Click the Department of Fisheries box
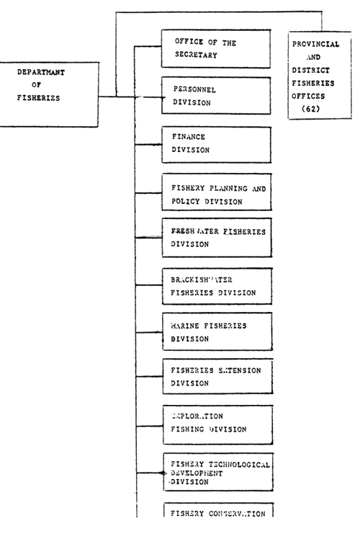(x=49, y=94)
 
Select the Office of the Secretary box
(x=216, y=48)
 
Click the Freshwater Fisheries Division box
(x=216, y=237)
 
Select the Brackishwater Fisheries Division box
(x=216, y=286)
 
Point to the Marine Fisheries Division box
(x=216, y=331)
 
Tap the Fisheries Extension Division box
(x=216, y=377)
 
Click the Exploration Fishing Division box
(x=216, y=423)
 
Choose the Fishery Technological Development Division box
(x=216, y=473)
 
